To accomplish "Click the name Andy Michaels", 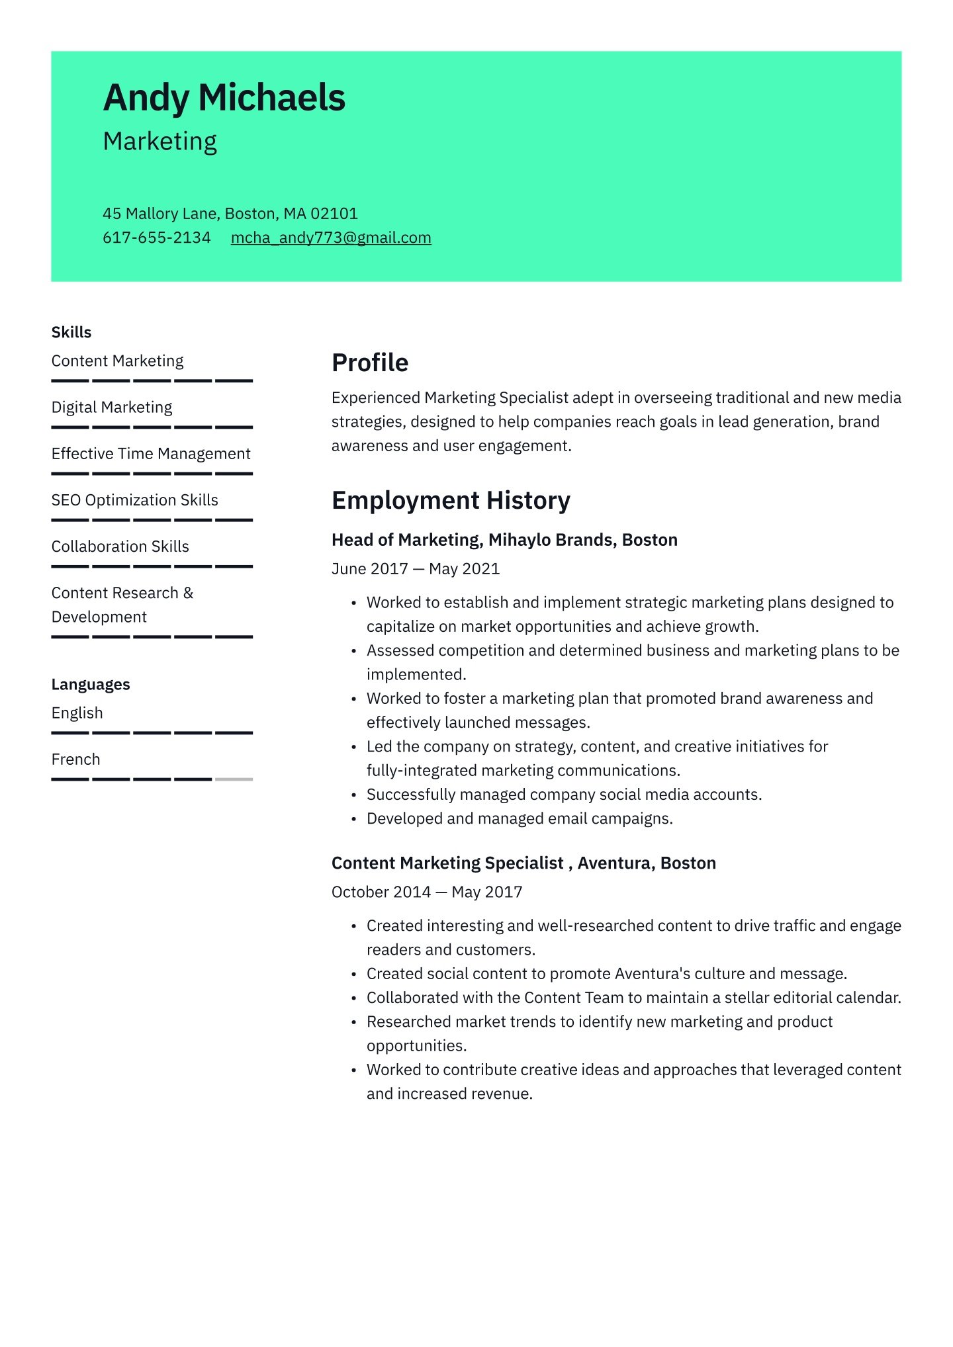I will coord(224,98).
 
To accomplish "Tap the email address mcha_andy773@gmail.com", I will coord(331,238).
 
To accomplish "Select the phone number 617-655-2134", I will coord(156,238).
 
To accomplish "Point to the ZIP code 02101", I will coord(334,214).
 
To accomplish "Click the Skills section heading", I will coord(71,332).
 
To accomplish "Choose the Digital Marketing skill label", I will coord(112,407).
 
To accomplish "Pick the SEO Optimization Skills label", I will coord(134,500).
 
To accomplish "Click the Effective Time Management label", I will coord(151,454).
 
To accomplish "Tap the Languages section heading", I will coord(91,684).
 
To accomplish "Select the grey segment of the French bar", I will coord(234,779).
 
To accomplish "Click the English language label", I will coord(77,713).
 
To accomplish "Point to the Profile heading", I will coord(370,363).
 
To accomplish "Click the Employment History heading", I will coord(451,500).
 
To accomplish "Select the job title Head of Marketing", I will coord(406,540).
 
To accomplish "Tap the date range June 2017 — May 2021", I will coord(416,569).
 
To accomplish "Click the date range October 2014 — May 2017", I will coord(427,892).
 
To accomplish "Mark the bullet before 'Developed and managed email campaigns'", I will coord(354,819).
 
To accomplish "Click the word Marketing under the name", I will coord(160,142).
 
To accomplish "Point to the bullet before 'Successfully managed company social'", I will coord(354,795).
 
